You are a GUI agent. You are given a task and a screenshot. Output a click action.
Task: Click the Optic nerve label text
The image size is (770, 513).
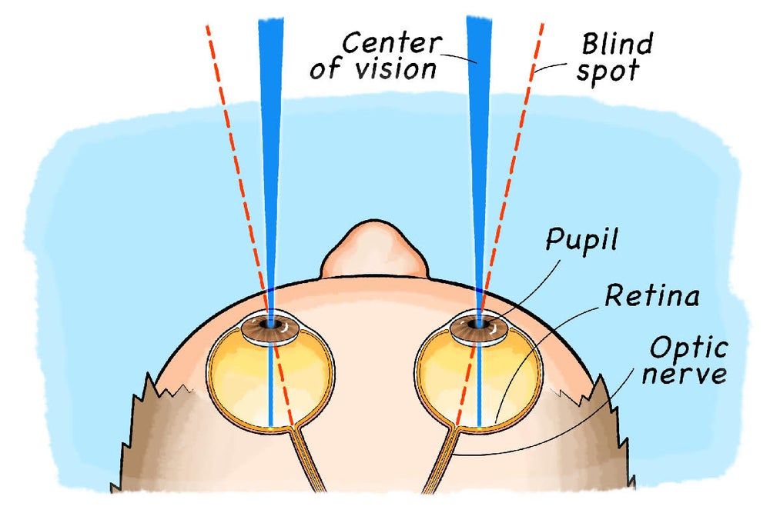click(x=688, y=361)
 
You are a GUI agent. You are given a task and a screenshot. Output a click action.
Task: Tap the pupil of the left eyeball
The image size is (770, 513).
click(x=269, y=326)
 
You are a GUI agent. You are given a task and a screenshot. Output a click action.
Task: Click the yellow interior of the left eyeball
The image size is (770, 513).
click(x=239, y=377)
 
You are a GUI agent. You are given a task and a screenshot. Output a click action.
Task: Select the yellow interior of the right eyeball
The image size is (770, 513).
click(x=447, y=377)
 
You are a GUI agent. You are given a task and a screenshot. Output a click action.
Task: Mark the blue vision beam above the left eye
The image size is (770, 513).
click(x=270, y=115)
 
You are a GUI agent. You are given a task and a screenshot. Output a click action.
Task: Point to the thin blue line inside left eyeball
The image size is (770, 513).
click(x=270, y=385)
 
